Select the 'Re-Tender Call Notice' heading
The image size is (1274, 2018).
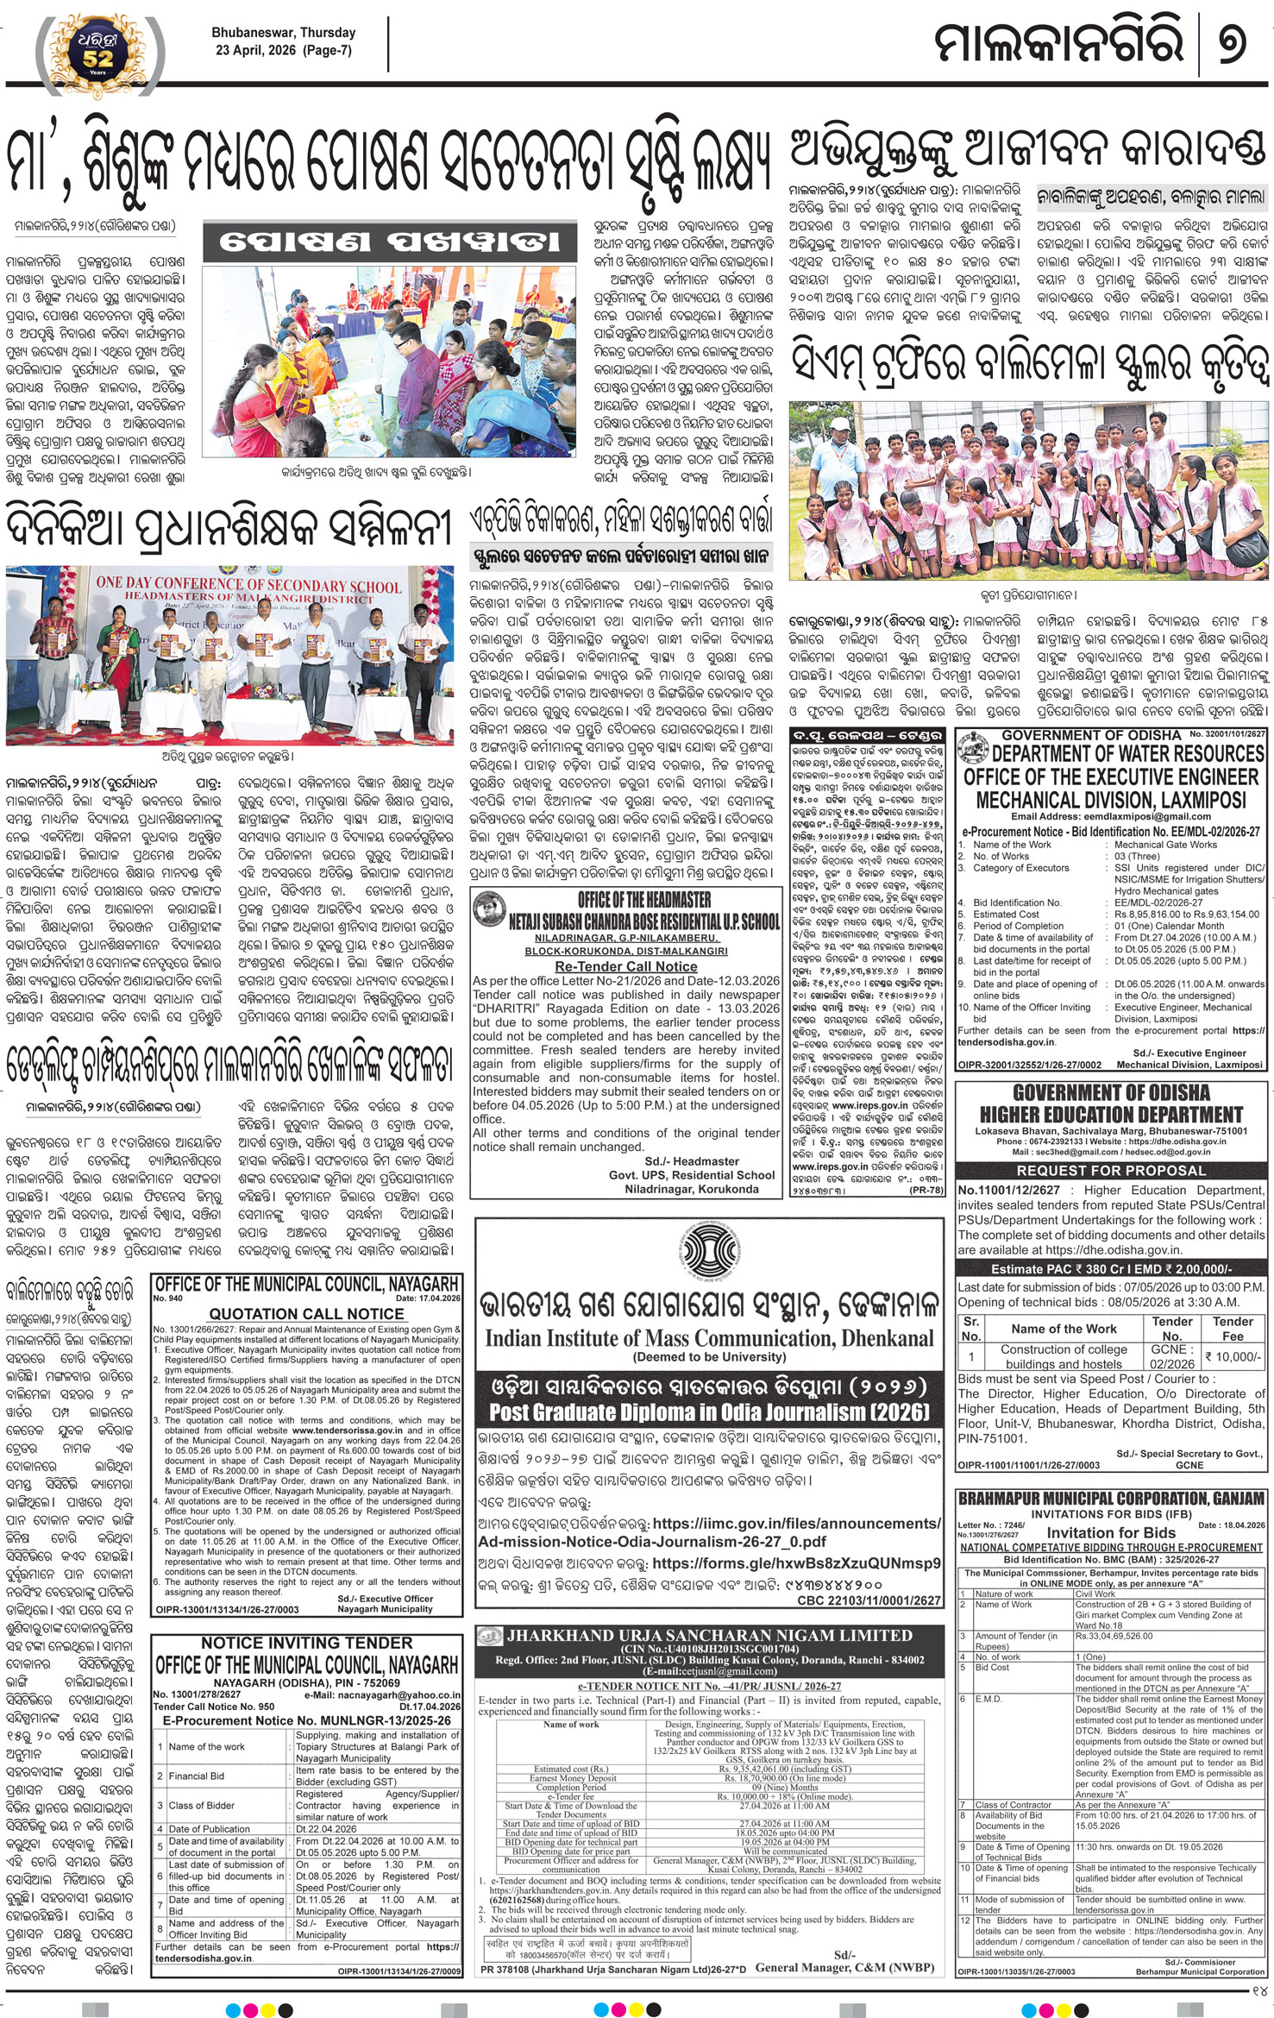tap(625, 966)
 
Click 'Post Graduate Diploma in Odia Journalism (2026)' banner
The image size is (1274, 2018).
tap(709, 1411)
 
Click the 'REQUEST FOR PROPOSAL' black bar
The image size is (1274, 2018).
tap(1111, 1171)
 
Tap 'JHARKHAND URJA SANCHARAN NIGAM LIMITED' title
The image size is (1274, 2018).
tap(697, 1634)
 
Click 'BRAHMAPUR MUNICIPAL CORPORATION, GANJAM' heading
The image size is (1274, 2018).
tap(1111, 1499)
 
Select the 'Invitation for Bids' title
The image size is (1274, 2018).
tap(1111, 1532)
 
